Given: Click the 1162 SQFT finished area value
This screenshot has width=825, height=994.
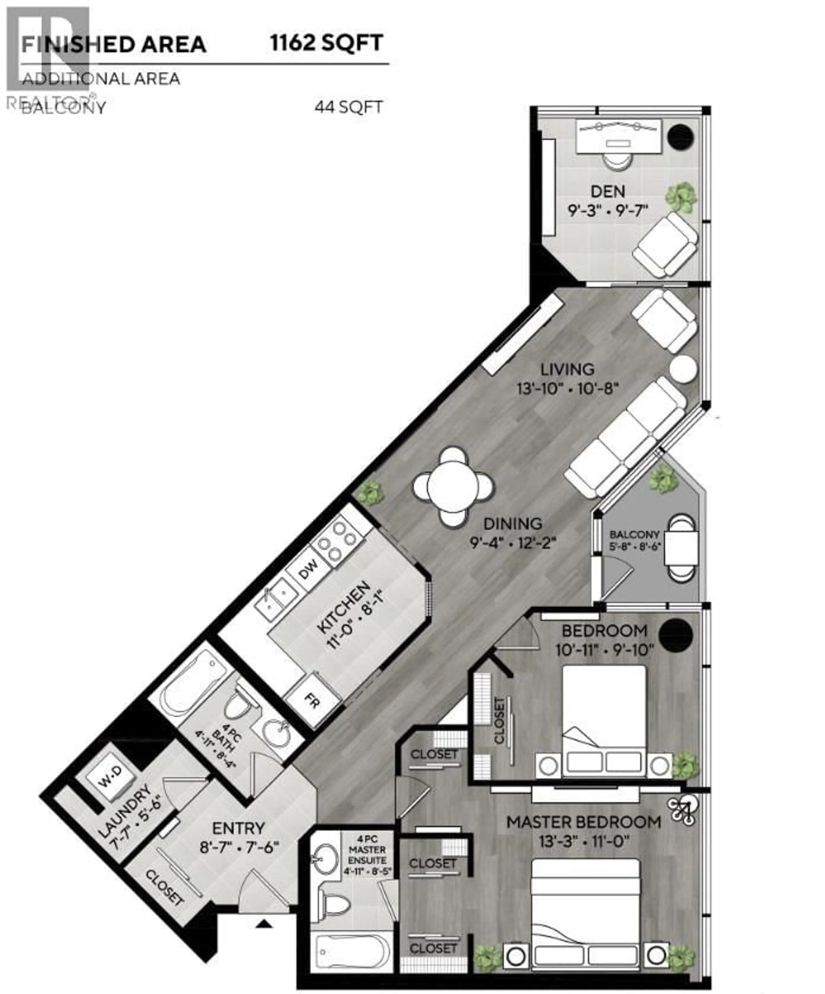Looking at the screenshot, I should (326, 44).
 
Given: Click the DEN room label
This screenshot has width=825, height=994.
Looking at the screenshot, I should (608, 192).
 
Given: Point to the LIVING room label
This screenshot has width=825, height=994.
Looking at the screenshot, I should (567, 369).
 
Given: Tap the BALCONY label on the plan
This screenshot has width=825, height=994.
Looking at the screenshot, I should (634, 534).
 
